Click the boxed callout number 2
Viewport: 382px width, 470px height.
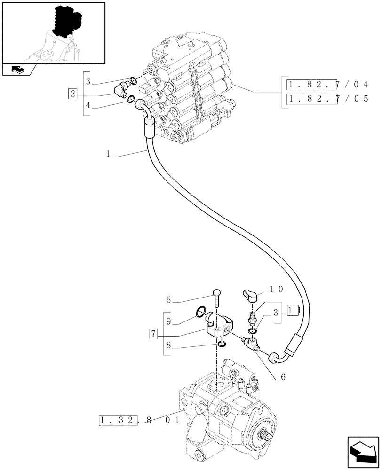pyautogui.click(x=72, y=93)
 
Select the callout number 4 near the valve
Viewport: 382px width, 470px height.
pyautogui.click(x=88, y=106)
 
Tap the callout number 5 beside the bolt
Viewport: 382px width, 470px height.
pyautogui.click(x=168, y=298)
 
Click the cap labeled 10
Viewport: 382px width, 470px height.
pyautogui.click(x=250, y=297)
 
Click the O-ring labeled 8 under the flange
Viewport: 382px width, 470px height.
pyautogui.click(x=221, y=346)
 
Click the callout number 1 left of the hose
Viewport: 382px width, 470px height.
pyautogui.click(x=109, y=153)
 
